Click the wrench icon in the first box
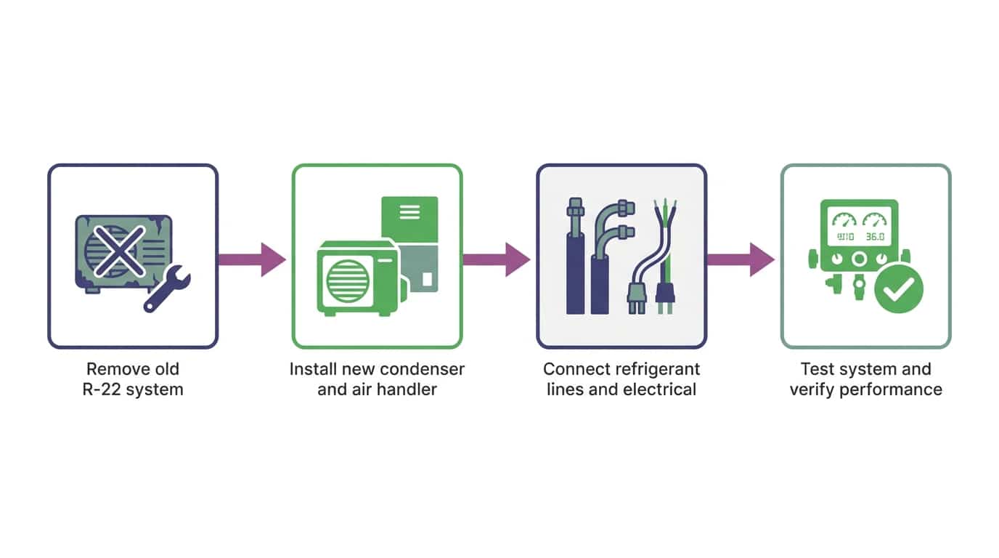[x=167, y=288]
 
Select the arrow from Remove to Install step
[x=252, y=259]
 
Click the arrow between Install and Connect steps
[x=497, y=259]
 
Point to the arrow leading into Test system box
[x=741, y=259]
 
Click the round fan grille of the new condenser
[x=348, y=281]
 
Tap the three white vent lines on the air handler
[x=409, y=212]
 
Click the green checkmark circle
[x=899, y=288]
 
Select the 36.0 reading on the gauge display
[x=875, y=237]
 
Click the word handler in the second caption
[x=407, y=389]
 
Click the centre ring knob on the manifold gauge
[x=859, y=259]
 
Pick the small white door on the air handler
[x=427, y=279]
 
